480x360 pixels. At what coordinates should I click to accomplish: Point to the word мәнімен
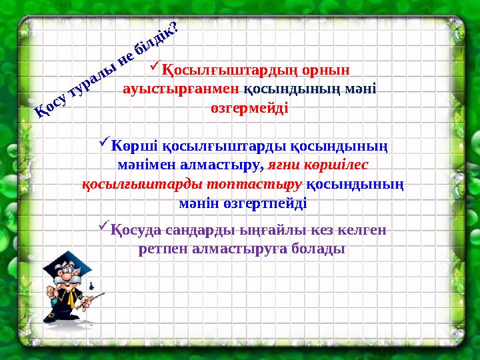pyautogui.click(x=139, y=163)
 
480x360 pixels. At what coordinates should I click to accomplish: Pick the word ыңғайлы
pyautogui.click(x=253, y=230)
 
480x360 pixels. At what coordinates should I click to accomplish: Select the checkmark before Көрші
pyautogui.click(x=104, y=142)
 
